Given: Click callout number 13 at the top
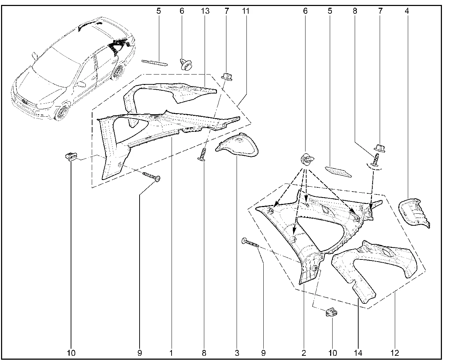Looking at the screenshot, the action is pyautogui.click(x=205, y=11).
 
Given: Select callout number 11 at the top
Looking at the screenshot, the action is pyautogui.click(x=246, y=11).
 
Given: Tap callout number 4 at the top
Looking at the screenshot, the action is pyautogui.click(x=407, y=11).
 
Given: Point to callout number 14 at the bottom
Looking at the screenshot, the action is pyautogui.click(x=358, y=353).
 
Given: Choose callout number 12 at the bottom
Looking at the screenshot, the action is pyautogui.click(x=395, y=353).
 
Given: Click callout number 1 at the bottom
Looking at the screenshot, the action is pyautogui.click(x=171, y=353).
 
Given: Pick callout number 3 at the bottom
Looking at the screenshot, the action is pyautogui.click(x=237, y=353).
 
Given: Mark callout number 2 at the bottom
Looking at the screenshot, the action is pyautogui.click(x=304, y=353).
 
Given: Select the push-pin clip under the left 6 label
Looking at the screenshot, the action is pyautogui.click(x=186, y=64).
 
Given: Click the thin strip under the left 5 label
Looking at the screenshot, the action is pyautogui.click(x=155, y=63).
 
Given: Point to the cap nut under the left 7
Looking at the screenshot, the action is pyautogui.click(x=227, y=77).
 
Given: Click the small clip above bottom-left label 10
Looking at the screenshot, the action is pyautogui.click(x=71, y=156).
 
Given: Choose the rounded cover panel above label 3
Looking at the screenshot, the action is pyautogui.click(x=237, y=145).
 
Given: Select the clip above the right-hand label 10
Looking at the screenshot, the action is pyautogui.click(x=332, y=312).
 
